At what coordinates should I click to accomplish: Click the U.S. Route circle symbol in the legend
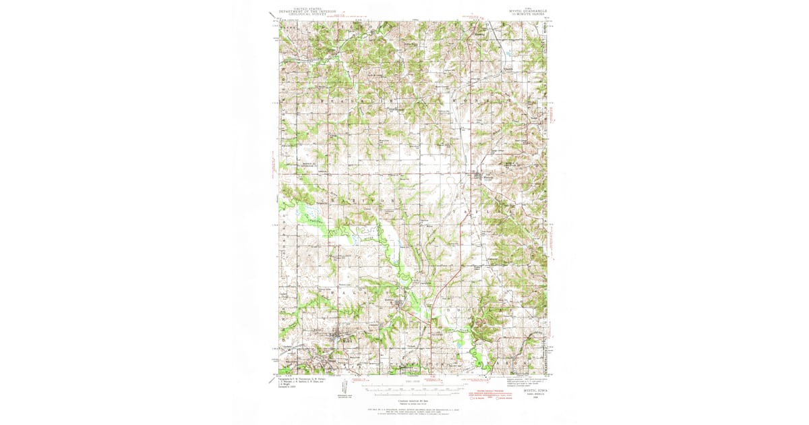click(x=473, y=398)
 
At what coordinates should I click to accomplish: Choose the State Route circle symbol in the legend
click(x=500, y=398)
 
